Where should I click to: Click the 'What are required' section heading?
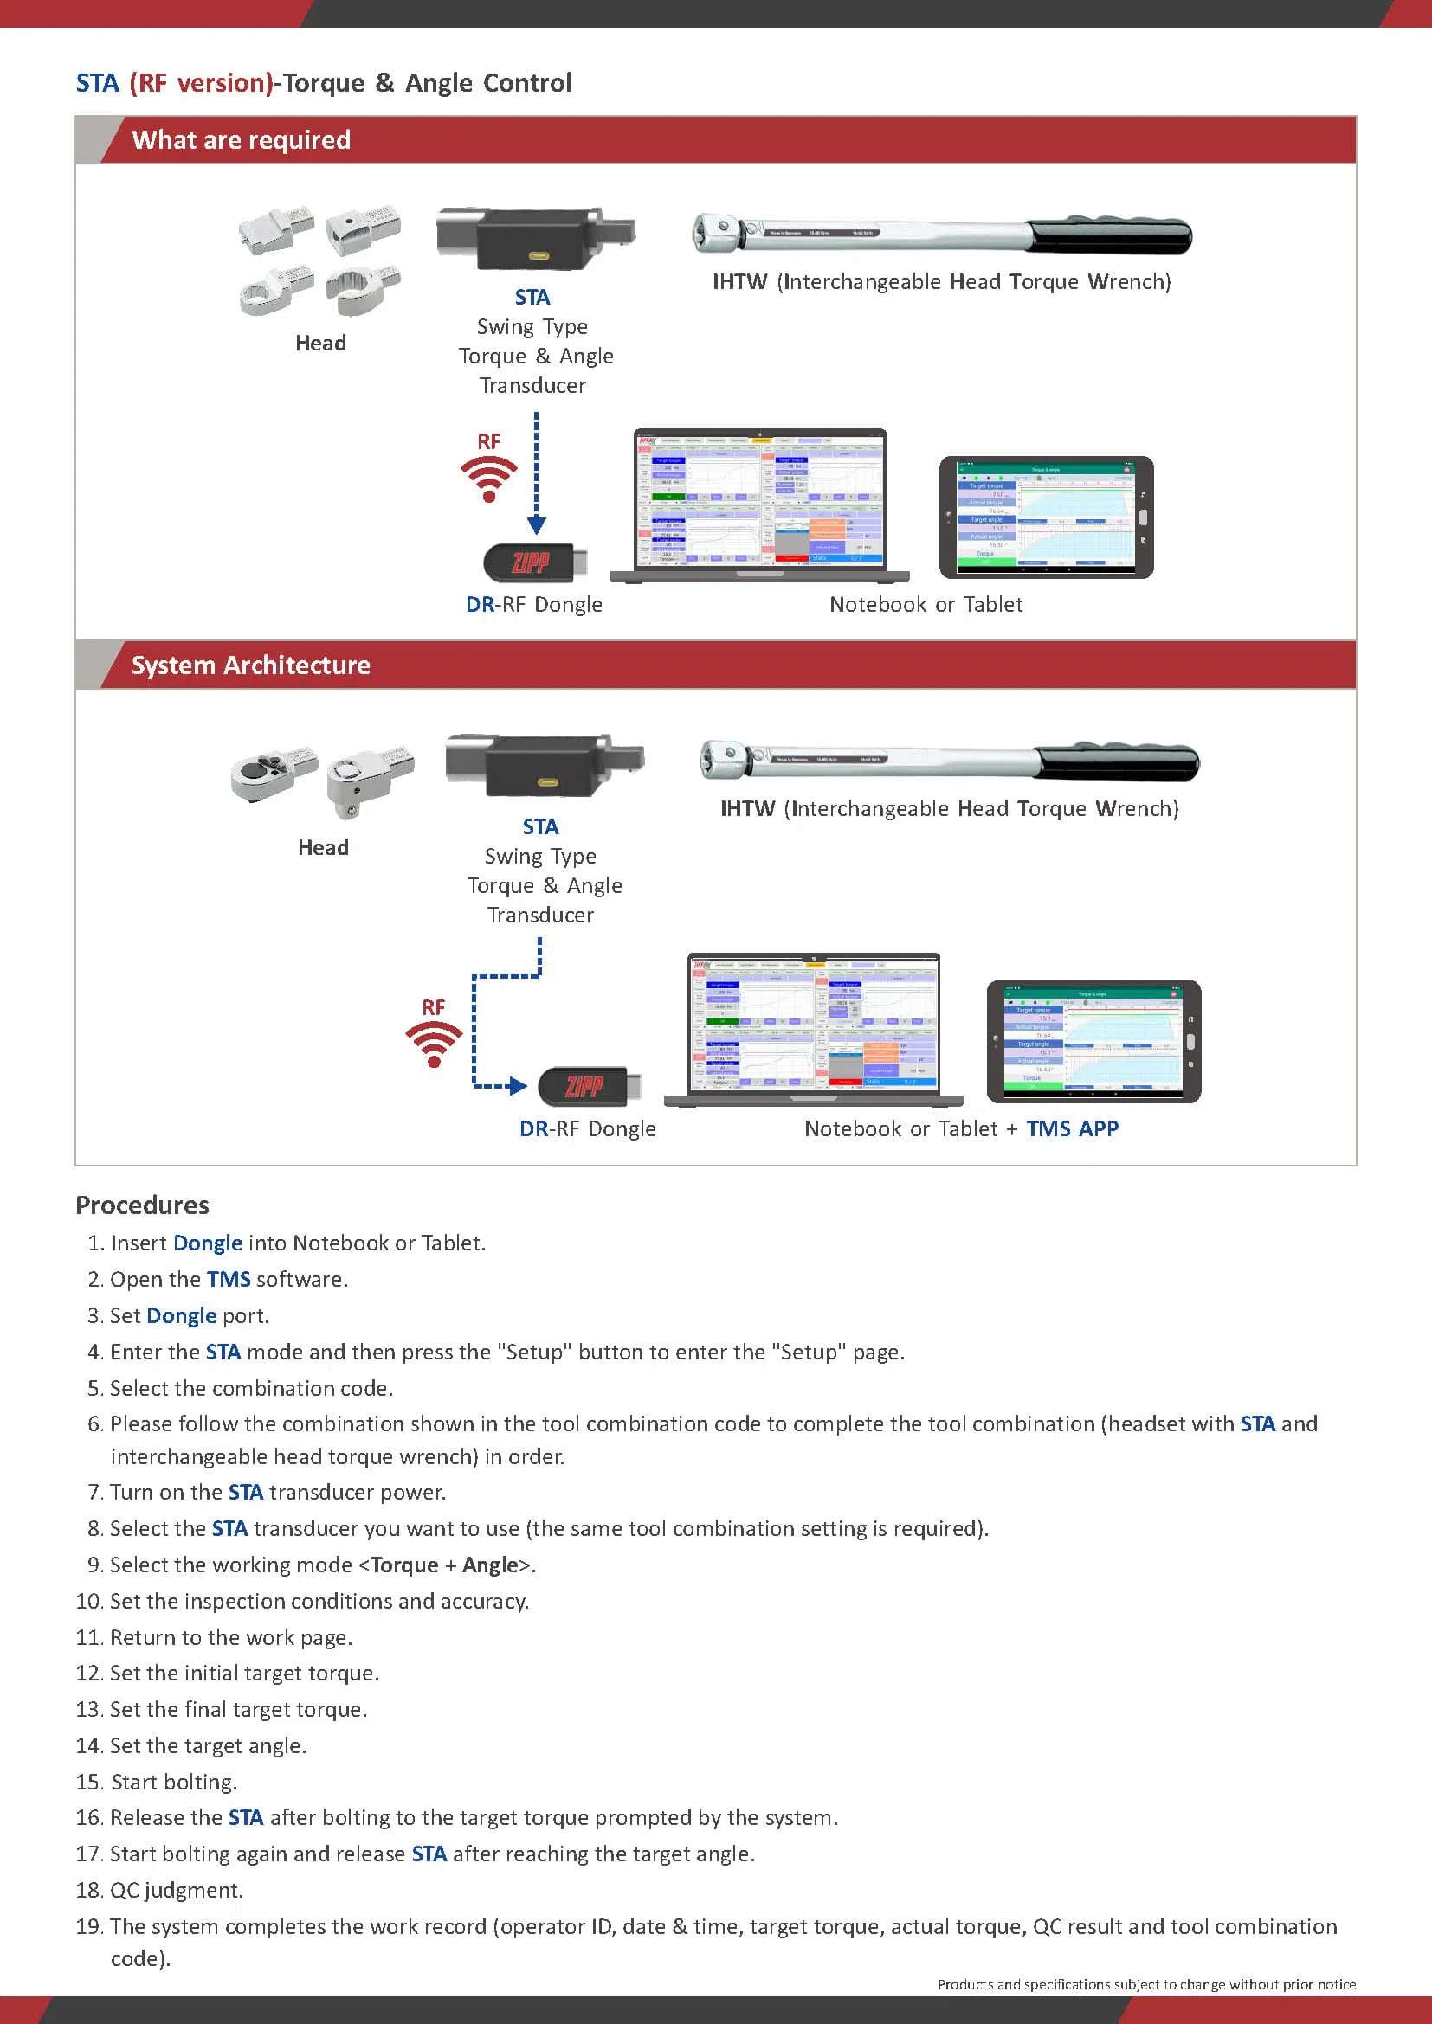click(x=241, y=140)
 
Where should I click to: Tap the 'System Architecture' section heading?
click(x=250, y=665)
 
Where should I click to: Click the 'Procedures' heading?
click(x=142, y=1205)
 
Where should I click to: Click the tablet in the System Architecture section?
click(x=1093, y=1041)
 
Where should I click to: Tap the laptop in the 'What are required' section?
click(x=759, y=505)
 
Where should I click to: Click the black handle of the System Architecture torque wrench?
click(x=1116, y=762)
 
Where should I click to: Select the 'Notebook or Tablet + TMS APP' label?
click(x=960, y=1128)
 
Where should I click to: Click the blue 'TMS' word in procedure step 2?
click(x=229, y=1279)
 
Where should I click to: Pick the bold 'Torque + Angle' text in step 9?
click(x=443, y=1565)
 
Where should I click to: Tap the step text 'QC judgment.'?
click(x=177, y=1890)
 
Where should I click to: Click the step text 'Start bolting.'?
click(x=174, y=1782)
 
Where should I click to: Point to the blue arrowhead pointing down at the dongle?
click(x=536, y=525)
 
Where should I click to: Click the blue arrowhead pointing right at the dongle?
click(x=519, y=1086)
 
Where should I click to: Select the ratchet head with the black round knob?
click(x=272, y=771)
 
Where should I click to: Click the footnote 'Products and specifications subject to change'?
click(x=1146, y=1984)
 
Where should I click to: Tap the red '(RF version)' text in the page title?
click(x=201, y=83)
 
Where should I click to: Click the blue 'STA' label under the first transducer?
click(x=532, y=297)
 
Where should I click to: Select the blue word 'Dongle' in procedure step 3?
click(x=181, y=1315)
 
